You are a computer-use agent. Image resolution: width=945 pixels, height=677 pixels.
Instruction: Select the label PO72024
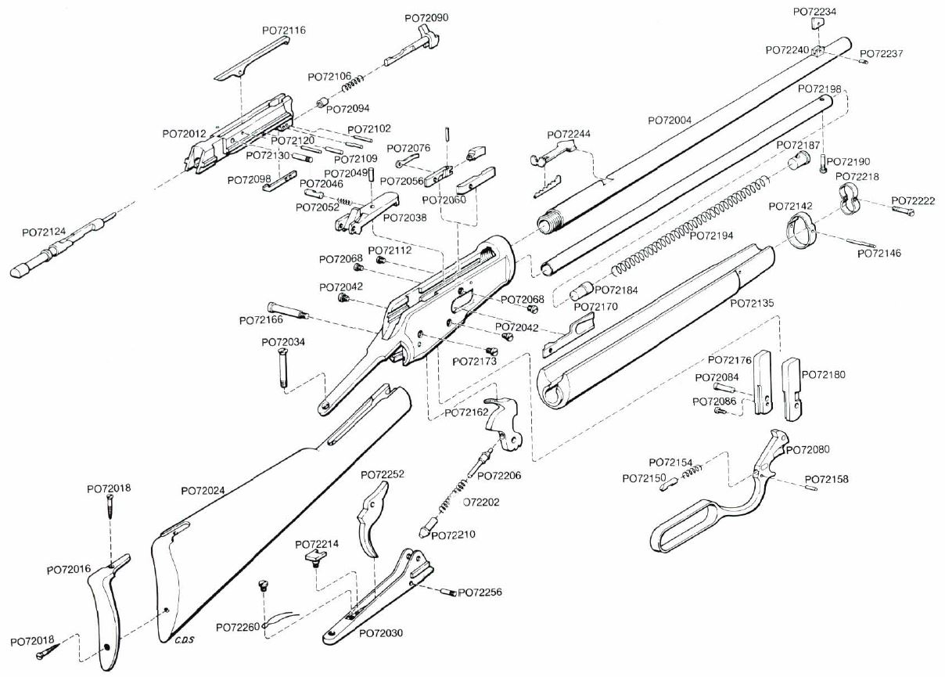203,491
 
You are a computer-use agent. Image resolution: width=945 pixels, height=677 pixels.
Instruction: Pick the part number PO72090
426,17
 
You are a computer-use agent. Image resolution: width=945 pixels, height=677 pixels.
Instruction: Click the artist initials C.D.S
185,640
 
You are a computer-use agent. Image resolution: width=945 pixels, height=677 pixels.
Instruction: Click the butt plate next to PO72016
106,610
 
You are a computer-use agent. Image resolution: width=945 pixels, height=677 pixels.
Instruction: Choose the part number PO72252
383,475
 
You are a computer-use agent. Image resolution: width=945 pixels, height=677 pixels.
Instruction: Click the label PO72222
913,200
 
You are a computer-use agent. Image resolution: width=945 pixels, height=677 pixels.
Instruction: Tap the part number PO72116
283,31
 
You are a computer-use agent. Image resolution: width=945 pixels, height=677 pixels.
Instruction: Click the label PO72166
261,321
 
